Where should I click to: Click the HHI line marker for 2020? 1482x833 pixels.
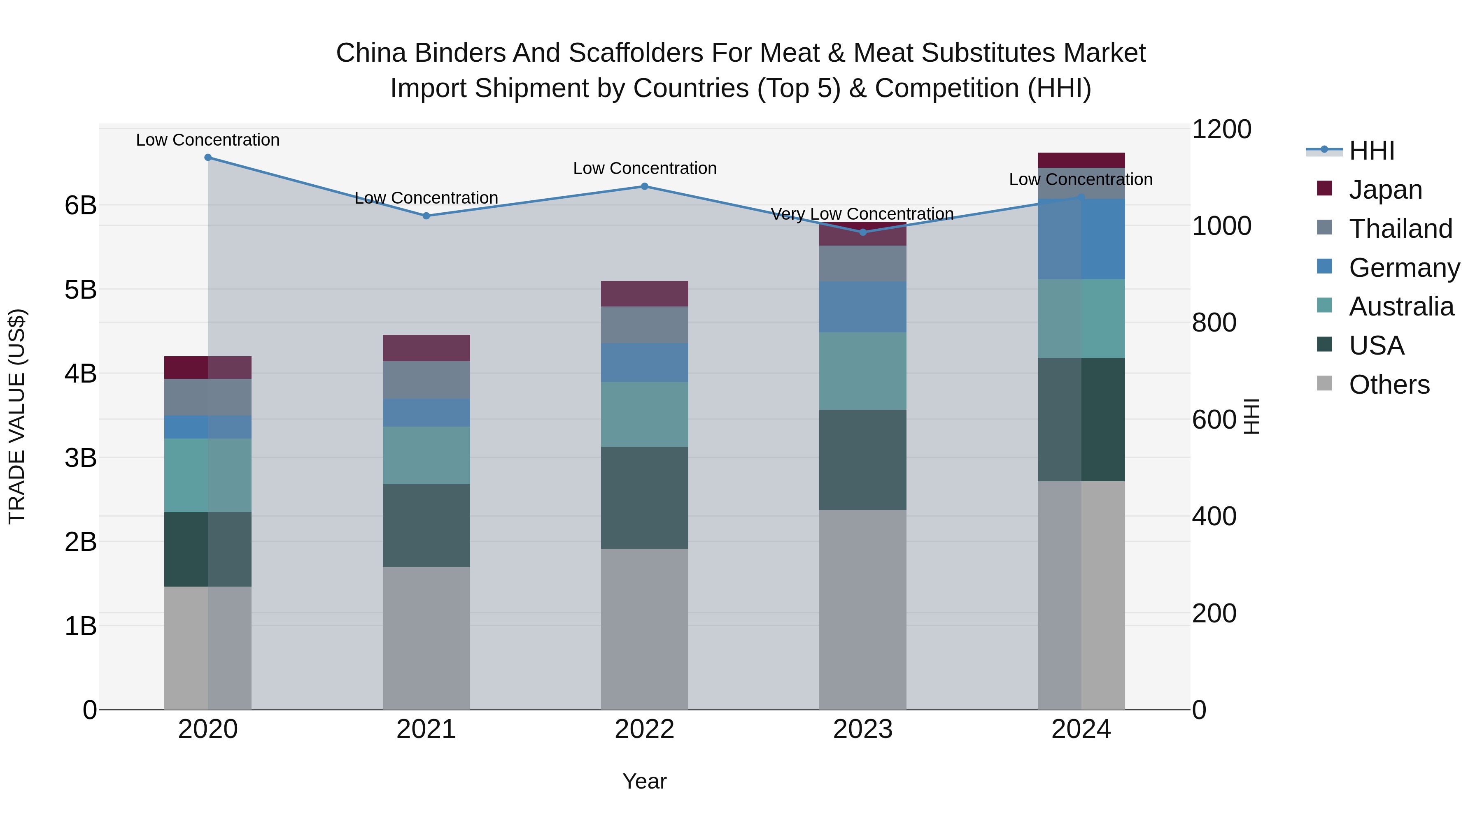point(208,158)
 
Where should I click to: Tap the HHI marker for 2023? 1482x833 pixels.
point(862,232)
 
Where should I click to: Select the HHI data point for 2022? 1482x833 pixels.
point(644,186)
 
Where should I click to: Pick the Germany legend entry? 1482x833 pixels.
point(1403,268)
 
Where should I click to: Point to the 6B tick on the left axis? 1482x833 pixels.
point(81,205)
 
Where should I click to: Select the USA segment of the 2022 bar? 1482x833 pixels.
point(644,497)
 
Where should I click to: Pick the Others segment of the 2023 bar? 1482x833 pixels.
point(862,609)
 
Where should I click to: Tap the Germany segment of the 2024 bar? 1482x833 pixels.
point(1081,239)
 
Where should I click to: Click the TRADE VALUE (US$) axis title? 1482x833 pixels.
point(17,416)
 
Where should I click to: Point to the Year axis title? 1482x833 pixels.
point(644,781)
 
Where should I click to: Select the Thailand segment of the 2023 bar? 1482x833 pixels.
point(862,263)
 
